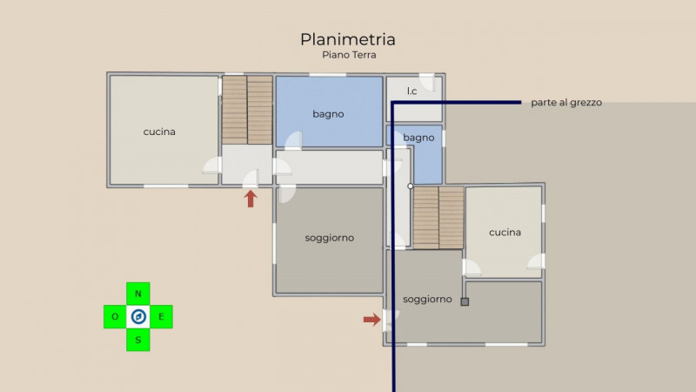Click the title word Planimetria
coord(348,39)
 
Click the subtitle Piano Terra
coord(348,55)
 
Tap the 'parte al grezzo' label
coord(566,103)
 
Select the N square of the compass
coord(137,294)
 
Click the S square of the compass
coord(137,340)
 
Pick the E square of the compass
coord(161,316)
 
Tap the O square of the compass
coord(115,316)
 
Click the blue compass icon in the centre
coord(137,316)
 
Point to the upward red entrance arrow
coord(251,199)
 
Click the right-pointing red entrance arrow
coord(372,320)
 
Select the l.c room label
coord(412,91)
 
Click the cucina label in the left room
coord(159,132)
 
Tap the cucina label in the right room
coord(505,233)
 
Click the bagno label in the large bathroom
coord(328,114)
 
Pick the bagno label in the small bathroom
coord(418,138)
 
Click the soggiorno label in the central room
coord(330,238)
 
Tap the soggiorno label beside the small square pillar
coord(427,299)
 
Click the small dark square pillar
coord(465,302)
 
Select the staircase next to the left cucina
coord(247,110)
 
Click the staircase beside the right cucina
coord(438,217)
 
